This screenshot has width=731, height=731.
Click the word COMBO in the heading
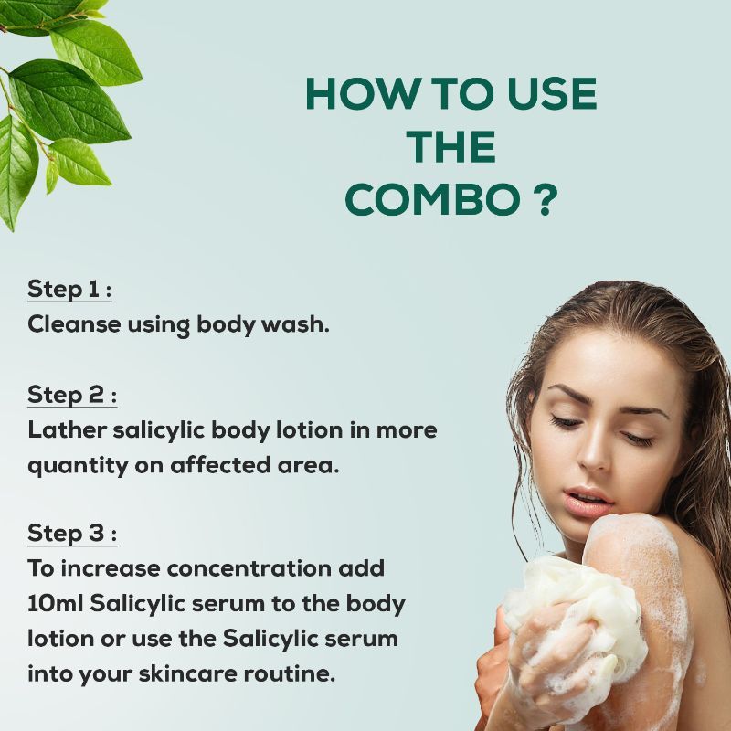432,199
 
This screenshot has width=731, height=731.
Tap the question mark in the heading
544,199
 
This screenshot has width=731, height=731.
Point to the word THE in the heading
450,147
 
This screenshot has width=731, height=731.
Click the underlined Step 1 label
69,290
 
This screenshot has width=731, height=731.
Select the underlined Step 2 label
72,396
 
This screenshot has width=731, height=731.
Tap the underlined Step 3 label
72,533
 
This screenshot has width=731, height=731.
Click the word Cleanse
75,324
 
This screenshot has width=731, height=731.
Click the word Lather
68,429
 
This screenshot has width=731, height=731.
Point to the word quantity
78,466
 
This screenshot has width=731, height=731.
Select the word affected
220,465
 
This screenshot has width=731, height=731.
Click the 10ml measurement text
56,603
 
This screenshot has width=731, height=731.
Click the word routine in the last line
289,673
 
